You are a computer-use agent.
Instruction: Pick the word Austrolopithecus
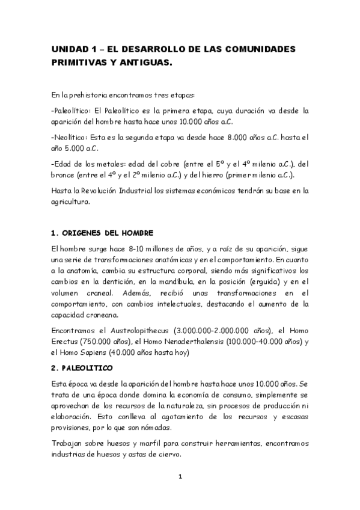[x=135, y=331]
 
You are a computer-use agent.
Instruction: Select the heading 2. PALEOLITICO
[x=87, y=367]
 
